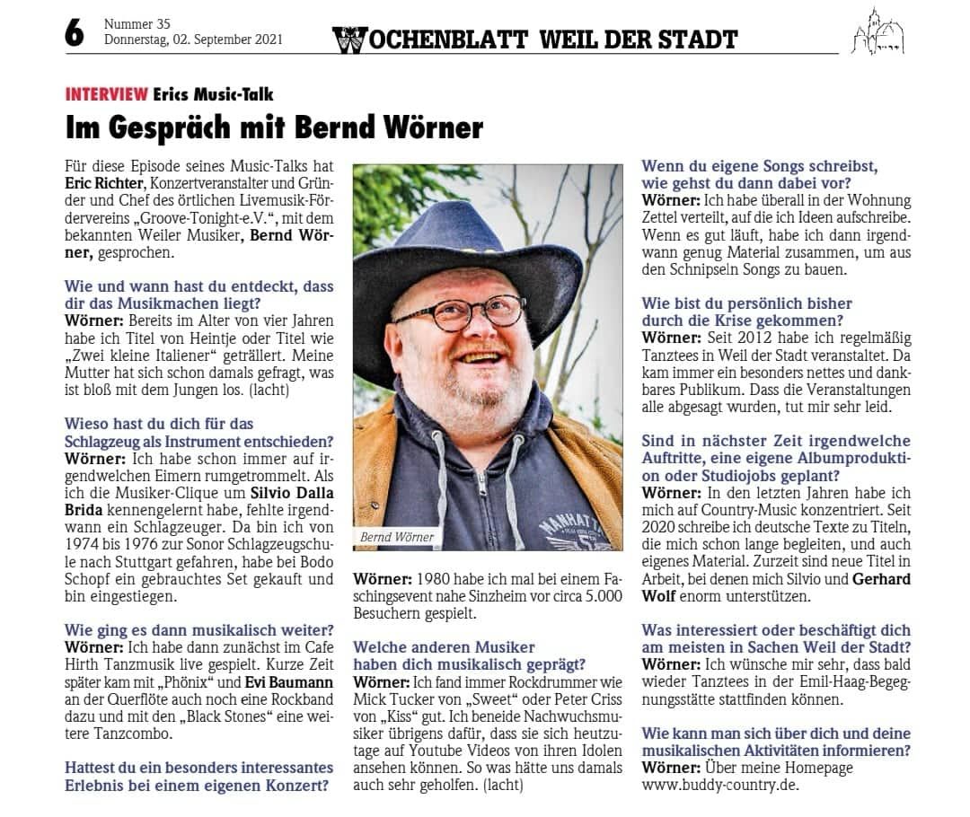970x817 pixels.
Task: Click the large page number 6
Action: point(74,33)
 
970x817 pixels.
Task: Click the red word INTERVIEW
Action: point(106,94)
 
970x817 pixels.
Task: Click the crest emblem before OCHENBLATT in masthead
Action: point(348,40)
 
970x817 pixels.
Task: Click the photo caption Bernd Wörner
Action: point(397,537)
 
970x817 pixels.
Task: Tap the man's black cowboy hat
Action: point(467,256)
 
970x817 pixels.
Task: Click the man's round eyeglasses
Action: point(462,313)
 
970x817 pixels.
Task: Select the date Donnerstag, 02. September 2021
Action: point(193,40)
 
